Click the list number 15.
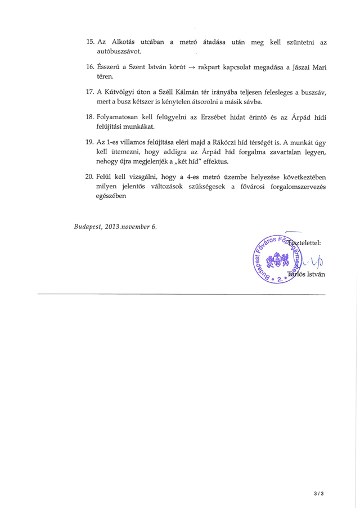(89, 42)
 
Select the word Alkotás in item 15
(124, 42)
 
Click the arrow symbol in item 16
(191, 67)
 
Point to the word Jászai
(301, 67)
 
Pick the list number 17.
(89, 92)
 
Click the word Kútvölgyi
(120, 92)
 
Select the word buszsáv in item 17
(314, 92)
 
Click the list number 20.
(89, 177)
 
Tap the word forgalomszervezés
(292, 186)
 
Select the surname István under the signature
(314, 275)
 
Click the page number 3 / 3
(319, 494)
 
